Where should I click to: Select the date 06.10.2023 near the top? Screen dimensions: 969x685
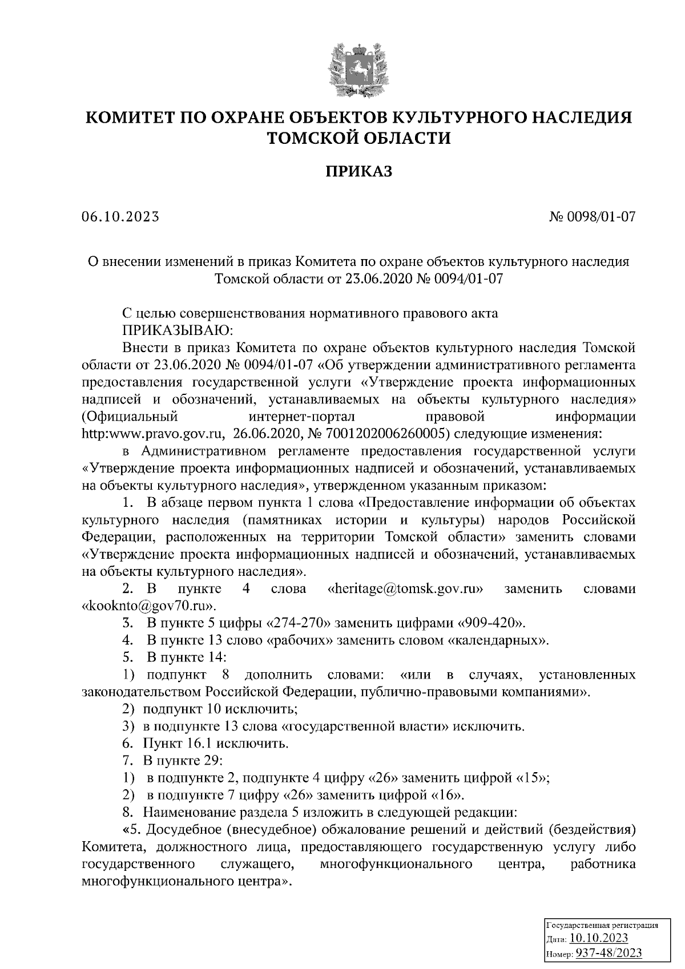pos(119,217)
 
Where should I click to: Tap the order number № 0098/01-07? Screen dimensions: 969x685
pos(592,217)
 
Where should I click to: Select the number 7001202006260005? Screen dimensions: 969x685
pos(384,434)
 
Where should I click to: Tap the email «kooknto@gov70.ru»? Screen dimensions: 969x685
pos(150,605)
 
